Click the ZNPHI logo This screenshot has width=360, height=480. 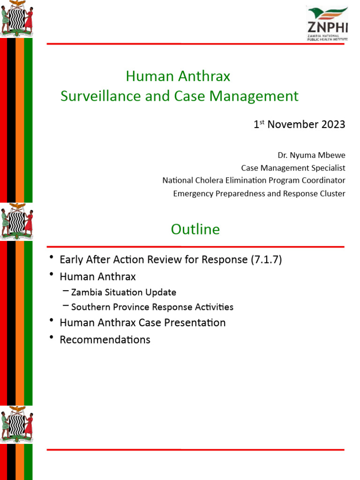coord(327,24)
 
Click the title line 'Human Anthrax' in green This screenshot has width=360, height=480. coord(178,76)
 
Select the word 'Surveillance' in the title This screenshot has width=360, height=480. coord(96,96)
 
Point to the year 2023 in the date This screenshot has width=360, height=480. coord(333,125)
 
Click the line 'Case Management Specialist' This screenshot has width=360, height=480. coord(293,168)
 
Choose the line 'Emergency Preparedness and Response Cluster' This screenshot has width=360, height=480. coord(259,193)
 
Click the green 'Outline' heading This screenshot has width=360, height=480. coord(195,229)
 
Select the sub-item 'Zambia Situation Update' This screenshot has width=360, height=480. coord(123,292)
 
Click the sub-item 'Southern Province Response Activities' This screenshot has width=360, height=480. coord(152,307)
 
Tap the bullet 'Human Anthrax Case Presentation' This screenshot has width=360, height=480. coord(142,323)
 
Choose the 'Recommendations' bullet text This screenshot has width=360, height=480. coord(105,340)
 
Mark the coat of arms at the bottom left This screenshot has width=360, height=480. coord(17,424)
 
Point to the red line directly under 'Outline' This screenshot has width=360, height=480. coord(195,247)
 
